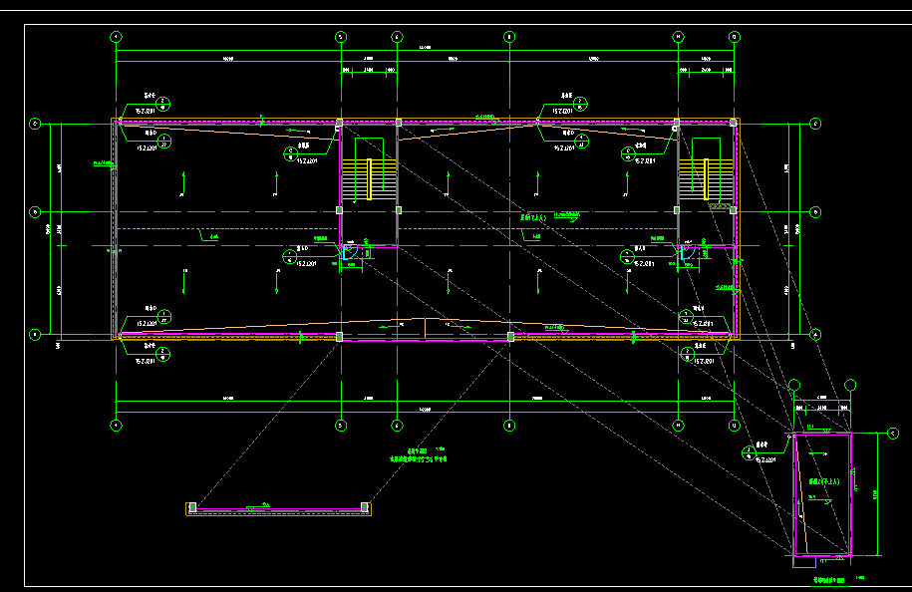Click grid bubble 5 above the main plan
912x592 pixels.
340,37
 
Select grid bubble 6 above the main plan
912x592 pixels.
397,37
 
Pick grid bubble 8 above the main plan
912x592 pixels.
509,37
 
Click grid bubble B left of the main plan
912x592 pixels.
35,211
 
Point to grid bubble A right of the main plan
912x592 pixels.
816,335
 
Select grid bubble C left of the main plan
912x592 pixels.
35,124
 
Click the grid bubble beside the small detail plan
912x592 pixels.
892,434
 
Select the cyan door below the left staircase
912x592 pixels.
349,254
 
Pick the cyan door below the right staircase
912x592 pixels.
687,254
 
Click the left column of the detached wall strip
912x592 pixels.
191,508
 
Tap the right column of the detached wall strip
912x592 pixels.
366,508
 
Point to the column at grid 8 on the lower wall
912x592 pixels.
510,337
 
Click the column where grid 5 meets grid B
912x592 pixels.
340,210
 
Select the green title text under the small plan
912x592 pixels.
826,579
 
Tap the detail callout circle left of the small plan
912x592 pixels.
748,452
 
